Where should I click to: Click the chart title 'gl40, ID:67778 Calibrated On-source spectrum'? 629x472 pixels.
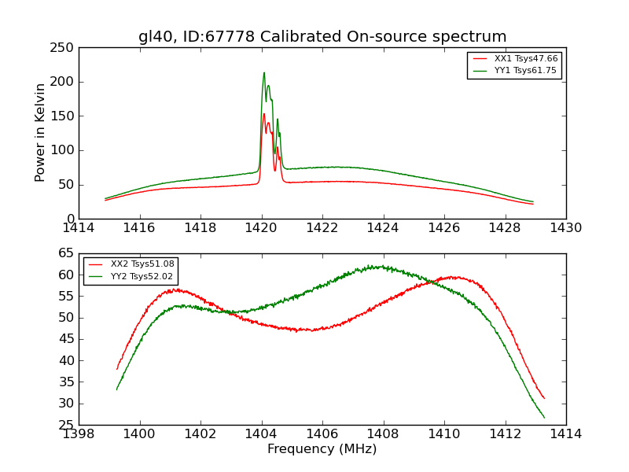tap(322, 37)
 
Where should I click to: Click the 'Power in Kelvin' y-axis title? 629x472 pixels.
tap(41, 133)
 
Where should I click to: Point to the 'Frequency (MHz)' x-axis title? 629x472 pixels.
tap(322, 449)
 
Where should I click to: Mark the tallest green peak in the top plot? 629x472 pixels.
tap(264, 73)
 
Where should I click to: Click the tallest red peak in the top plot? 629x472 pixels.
tap(264, 114)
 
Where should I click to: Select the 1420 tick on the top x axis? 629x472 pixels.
tap(262, 227)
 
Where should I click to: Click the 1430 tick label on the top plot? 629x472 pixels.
tap(566, 227)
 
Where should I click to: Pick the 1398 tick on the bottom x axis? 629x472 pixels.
tap(79, 433)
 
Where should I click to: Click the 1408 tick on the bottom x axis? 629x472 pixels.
tap(384, 433)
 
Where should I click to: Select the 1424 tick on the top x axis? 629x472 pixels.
tap(384, 227)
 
